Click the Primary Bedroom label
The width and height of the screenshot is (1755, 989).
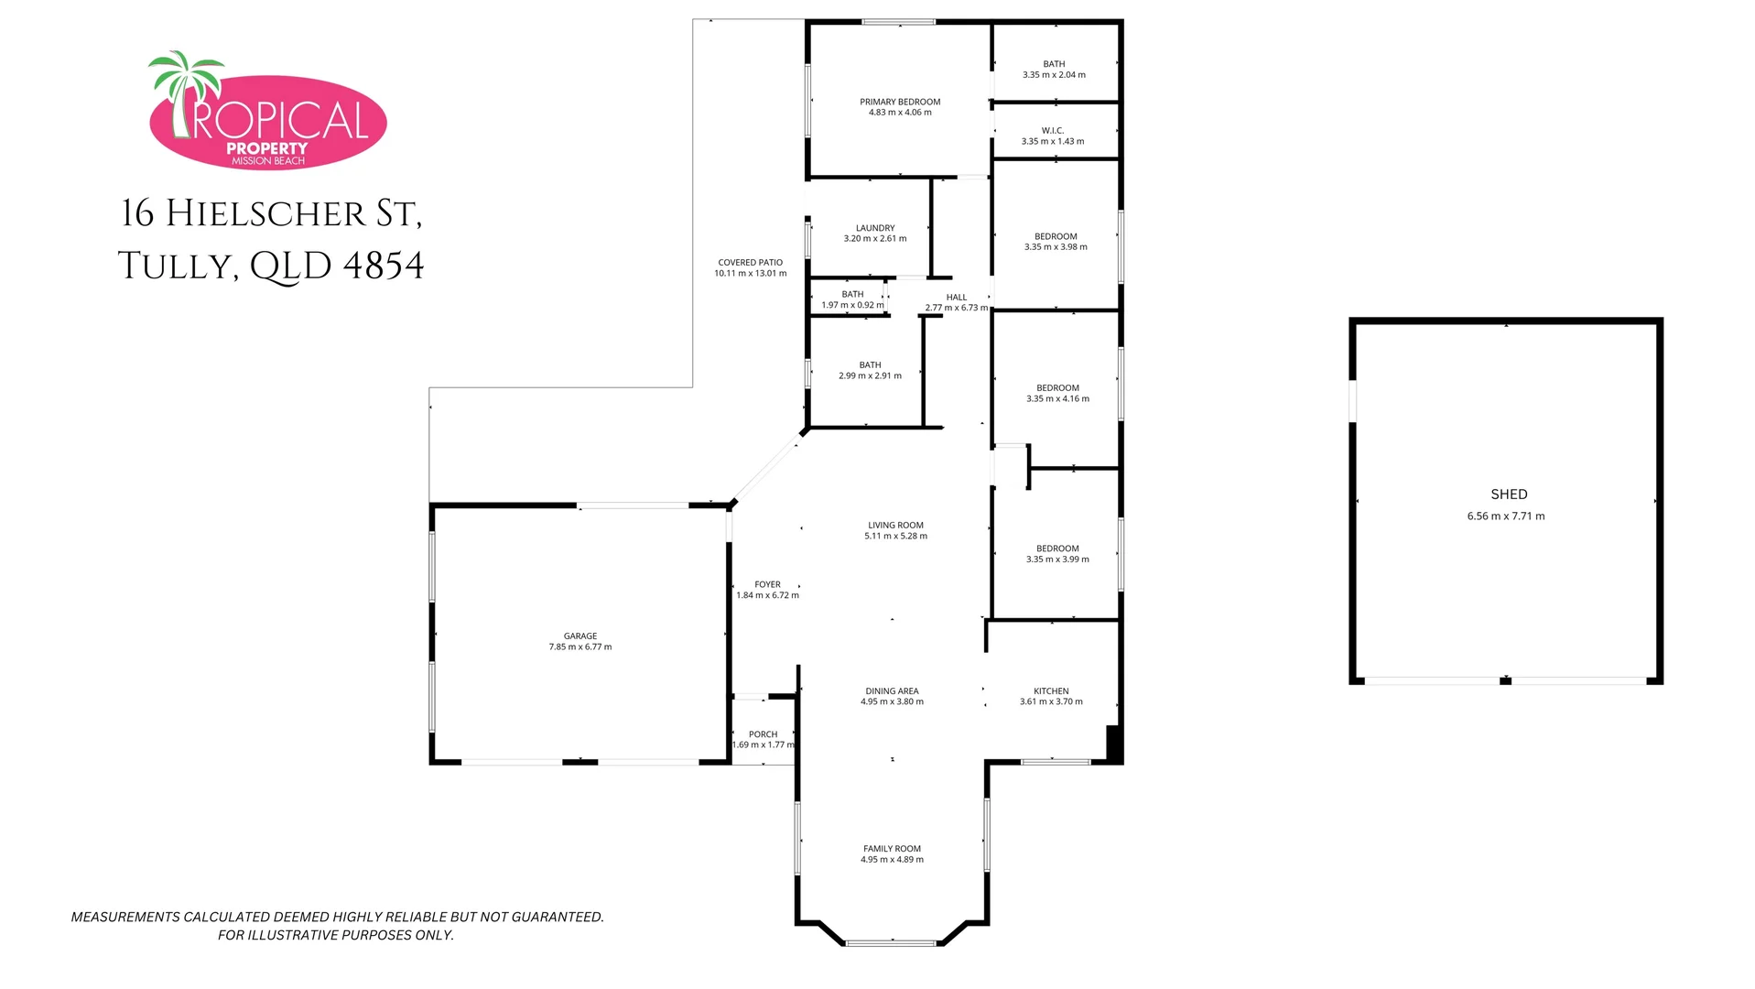pyautogui.click(x=900, y=102)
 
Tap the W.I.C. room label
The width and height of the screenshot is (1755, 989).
pyautogui.click(x=1053, y=130)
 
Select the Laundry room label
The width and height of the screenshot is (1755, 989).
pyautogui.click(x=875, y=228)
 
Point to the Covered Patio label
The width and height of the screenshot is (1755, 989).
pyautogui.click(x=750, y=262)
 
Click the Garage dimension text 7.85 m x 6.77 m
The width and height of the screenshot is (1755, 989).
pyautogui.click(x=580, y=647)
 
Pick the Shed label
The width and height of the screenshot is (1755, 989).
pyautogui.click(x=1509, y=494)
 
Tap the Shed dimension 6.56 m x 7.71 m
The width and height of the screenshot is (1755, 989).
pyautogui.click(x=1506, y=516)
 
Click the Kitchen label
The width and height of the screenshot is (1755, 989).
pyautogui.click(x=1051, y=691)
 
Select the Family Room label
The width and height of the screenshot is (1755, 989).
pyautogui.click(x=892, y=849)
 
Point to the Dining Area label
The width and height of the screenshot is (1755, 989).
pyautogui.click(x=892, y=691)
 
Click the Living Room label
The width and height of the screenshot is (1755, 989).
pyautogui.click(x=895, y=526)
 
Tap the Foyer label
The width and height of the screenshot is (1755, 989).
pyautogui.click(x=767, y=584)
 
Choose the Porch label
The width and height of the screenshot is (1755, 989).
pyautogui.click(x=763, y=734)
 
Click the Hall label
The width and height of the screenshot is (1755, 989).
pyautogui.click(x=957, y=297)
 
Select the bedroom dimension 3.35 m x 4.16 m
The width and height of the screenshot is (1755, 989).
pyautogui.click(x=1057, y=399)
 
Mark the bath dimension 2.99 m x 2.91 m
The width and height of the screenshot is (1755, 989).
pyautogui.click(x=870, y=375)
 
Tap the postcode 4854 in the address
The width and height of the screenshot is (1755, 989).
pyautogui.click(x=384, y=266)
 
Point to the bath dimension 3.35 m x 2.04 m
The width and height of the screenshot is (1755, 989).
pyautogui.click(x=1054, y=75)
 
